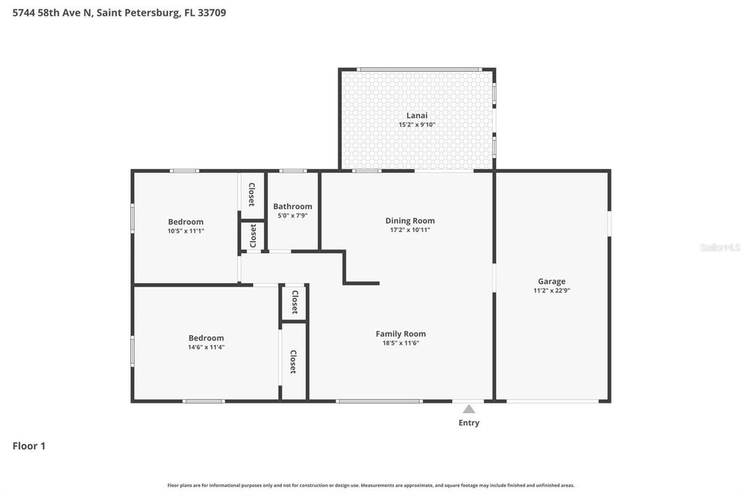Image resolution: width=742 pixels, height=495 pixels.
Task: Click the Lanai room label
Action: click(x=417, y=115)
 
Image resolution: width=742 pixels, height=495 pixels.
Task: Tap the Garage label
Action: click(x=551, y=281)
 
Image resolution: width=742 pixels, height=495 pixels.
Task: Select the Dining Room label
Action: click(x=409, y=221)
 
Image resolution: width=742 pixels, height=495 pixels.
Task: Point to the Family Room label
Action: click(x=400, y=334)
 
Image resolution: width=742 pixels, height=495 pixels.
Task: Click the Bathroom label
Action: click(x=293, y=206)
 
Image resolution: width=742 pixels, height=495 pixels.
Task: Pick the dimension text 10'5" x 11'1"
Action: click(x=185, y=231)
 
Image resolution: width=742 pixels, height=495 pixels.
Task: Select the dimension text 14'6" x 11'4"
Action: click(x=206, y=347)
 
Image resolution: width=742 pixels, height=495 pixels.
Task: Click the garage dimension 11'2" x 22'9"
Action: click(x=551, y=290)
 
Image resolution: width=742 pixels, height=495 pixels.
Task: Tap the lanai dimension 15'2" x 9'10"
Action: click(x=417, y=124)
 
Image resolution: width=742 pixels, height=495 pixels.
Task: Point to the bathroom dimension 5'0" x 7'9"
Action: click(x=293, y=216)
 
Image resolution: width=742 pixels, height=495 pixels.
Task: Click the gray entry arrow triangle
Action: click(x=469, y=409)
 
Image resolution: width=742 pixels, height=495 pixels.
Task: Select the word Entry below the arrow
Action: click(x=469, y=422)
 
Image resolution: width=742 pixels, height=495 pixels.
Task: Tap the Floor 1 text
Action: click(x=29, y=446)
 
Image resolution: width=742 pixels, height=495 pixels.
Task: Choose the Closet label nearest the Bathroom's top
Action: click(x=251, y=194)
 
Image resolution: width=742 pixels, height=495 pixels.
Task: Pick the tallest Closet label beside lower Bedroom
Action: click(x=293, y=361)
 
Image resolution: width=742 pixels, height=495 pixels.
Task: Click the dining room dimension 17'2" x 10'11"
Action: click(x=409, y=230)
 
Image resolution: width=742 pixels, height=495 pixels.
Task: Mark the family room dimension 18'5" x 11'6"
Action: click(x=400, y=343)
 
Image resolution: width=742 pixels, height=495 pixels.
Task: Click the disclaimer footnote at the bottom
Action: click(x=371, y=486)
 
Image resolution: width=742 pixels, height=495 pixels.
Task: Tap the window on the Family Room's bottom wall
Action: click(x=379, y=401)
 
